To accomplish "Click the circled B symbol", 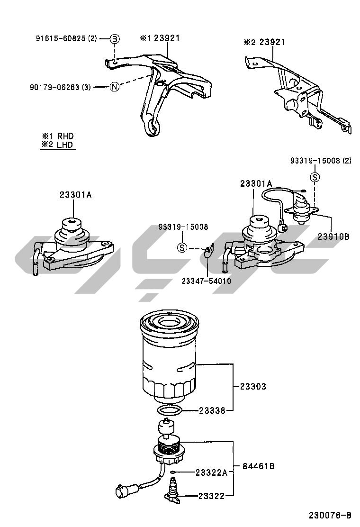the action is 115,39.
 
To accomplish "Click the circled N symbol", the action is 115,87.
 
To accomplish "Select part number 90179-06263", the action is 55,87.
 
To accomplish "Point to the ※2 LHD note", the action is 57,145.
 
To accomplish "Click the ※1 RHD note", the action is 57,136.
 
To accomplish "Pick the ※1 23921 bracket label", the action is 160,38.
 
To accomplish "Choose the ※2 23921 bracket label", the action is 264,42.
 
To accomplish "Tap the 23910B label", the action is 333,236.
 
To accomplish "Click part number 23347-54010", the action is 207,281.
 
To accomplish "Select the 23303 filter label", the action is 253,387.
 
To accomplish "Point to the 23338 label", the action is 212,410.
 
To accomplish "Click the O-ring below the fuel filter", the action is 170,410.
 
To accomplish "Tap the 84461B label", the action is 258,466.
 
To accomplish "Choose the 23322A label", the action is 211,472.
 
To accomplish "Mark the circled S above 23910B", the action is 315,177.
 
